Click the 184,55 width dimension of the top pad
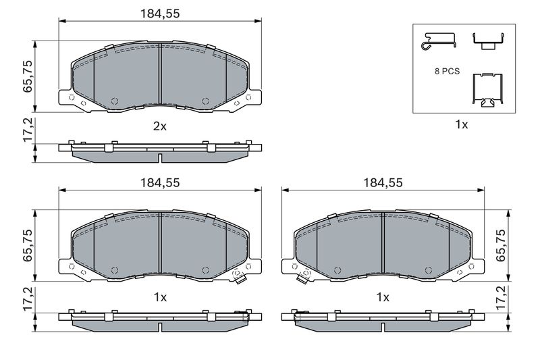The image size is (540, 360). pyautogui.click(x=160, y=14)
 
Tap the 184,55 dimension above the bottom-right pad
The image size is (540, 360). pyautogui.click(x=383, y=182)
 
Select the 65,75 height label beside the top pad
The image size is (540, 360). pyautogui.click(x=28, y=76)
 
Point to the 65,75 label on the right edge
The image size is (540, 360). pyautogui.click(x=501, y=245)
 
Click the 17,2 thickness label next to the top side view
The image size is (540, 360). pyautogui.click(x=28, y=130)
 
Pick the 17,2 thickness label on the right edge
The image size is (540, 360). pyautogui.click(x=501, y=297)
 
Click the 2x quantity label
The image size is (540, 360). pyautogui.click(x=160, y=126)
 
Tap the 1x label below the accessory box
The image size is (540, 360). pyautogui.click(x=462, y=124)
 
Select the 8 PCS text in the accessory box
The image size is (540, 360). pyautogui.click(x=447, y=72)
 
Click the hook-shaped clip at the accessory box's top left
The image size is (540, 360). pyautogui.click(x=439, y=41)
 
